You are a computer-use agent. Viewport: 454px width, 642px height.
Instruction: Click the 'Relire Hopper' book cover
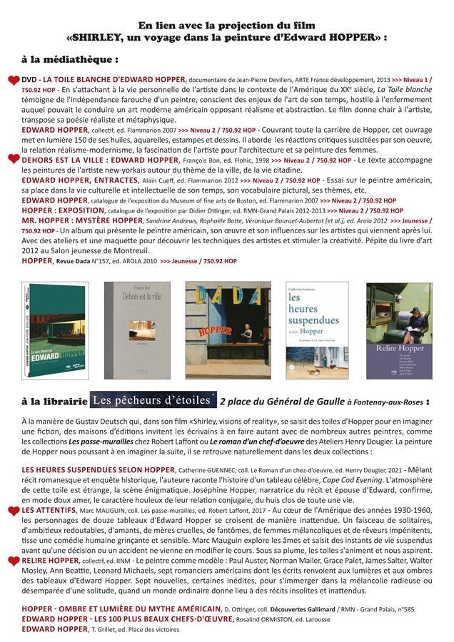399,330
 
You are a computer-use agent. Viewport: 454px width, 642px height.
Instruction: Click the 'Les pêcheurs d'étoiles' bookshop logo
153,400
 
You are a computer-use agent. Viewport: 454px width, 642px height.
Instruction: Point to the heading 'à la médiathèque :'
70,58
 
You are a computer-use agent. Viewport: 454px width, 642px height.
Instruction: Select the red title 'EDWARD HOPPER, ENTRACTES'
76,180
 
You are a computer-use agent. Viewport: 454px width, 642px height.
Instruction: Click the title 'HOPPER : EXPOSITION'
65,210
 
